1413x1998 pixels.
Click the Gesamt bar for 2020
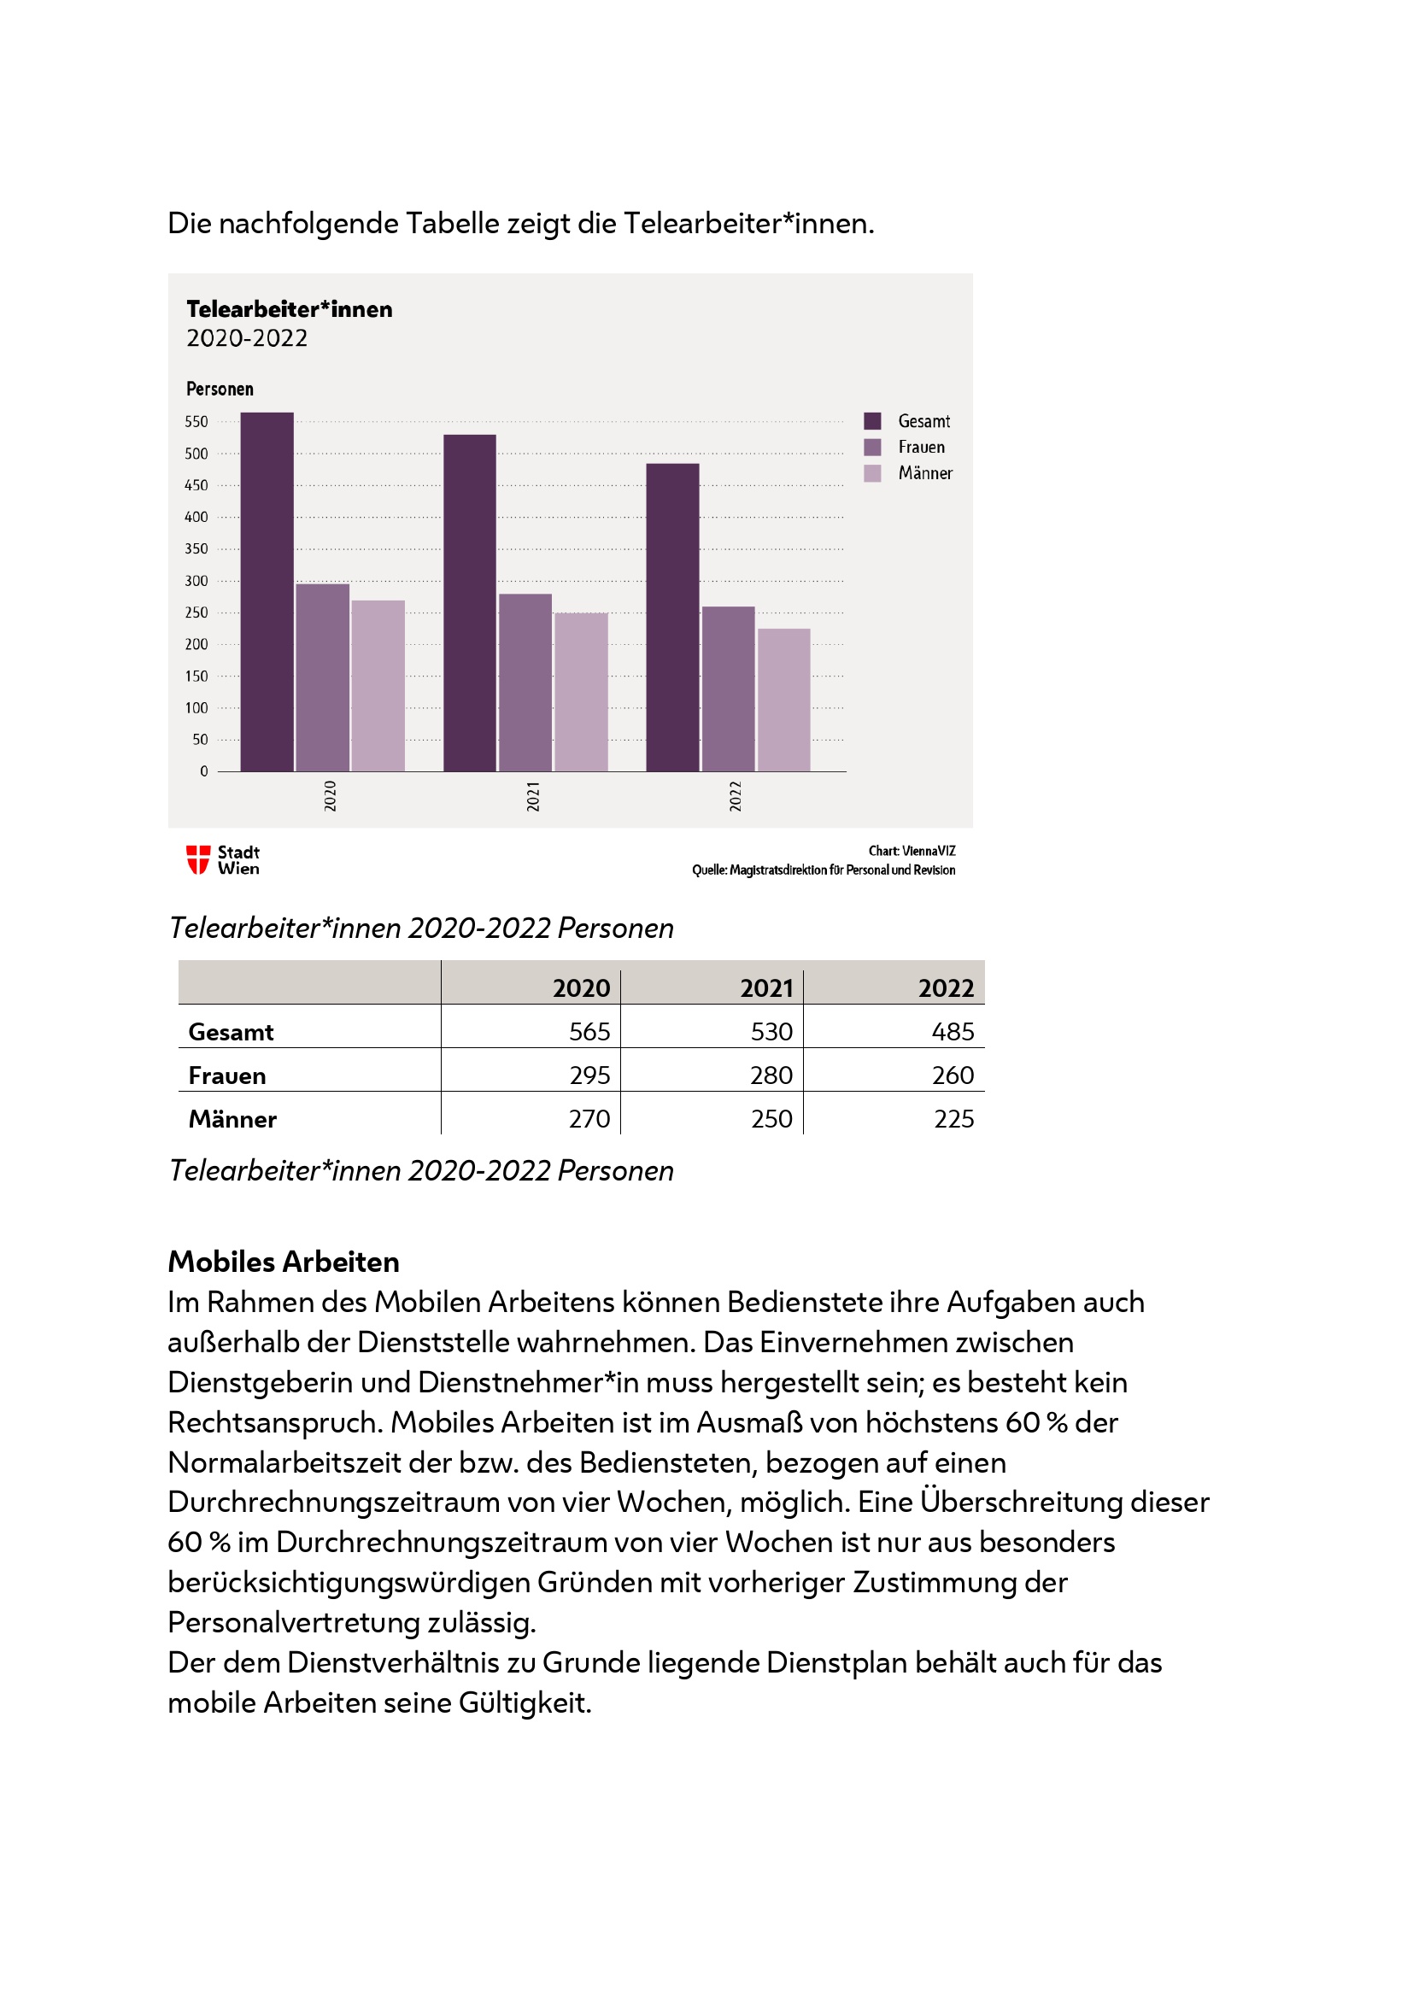(x=267, y=592)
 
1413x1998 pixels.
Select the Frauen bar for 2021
(x=525, y=683)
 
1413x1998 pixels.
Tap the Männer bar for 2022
(x=783, y=700)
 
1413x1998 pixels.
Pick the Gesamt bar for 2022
(x=671, y=617)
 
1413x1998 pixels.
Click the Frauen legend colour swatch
(x=872, y=448)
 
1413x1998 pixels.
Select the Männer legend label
(x=925, y=473)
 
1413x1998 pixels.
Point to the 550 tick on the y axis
(x=196, y=422)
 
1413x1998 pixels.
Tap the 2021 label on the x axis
(x=532, y=796)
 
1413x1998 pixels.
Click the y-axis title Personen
(x=220, y=389)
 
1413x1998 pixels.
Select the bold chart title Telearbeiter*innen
(x=289, y=310)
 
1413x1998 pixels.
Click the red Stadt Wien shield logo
(x=198, y=860)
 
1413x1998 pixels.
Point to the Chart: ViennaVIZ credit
(x=911, y=851)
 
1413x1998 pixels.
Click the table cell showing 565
(x=589, y=1032)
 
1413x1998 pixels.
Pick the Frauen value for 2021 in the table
(x=771, y=1075)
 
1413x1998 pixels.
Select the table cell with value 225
(x=953, y=1119)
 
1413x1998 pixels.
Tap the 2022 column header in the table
(x=946, y=988)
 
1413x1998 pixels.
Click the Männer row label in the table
(x=232, y=1120)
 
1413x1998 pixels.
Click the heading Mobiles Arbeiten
(x=284, y=1262)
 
